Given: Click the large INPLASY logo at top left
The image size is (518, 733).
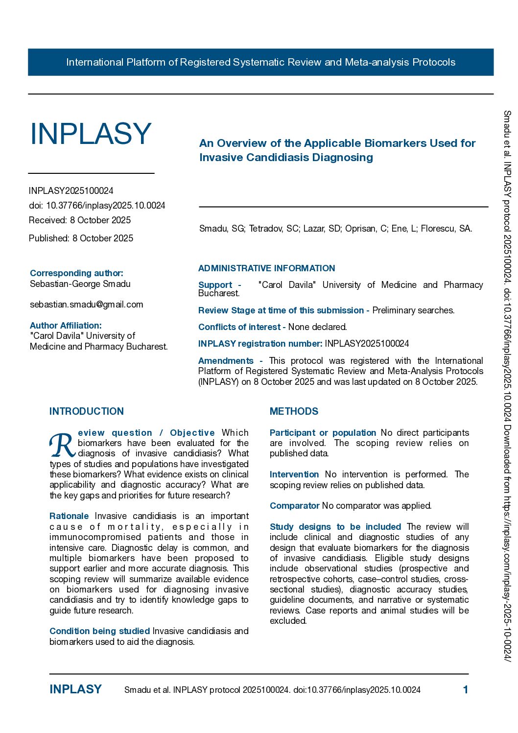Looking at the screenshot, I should pos(91,133).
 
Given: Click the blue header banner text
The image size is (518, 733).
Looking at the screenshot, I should pos(260,62).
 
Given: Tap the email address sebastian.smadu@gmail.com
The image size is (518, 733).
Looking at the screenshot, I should pos(86,305).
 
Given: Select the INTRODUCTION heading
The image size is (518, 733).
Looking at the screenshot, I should pos(87,411).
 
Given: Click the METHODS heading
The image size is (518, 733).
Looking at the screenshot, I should pos(294,411).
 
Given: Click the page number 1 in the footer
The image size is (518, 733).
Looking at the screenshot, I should pos(465,690).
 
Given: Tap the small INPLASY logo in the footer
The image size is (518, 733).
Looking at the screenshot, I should pos(75,689).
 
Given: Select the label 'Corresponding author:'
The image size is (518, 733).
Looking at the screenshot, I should pos(76,273).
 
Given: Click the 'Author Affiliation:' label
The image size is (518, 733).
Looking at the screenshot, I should pos(66,326).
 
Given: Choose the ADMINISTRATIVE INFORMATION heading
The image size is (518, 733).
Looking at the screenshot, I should pos(266,268).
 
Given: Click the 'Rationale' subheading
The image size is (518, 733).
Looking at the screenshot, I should pos(69,516).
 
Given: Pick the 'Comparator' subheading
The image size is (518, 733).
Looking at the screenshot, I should pos(294,506).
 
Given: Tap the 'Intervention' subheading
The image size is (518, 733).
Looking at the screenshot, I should pos(294,474).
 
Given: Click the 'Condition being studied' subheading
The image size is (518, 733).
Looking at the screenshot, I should pos(99,631).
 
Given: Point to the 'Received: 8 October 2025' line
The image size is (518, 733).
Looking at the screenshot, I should pos(80,220).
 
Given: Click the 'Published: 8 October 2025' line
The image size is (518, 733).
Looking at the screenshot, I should pos(81,238).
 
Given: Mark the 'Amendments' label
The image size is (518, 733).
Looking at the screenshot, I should pos(226,361).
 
